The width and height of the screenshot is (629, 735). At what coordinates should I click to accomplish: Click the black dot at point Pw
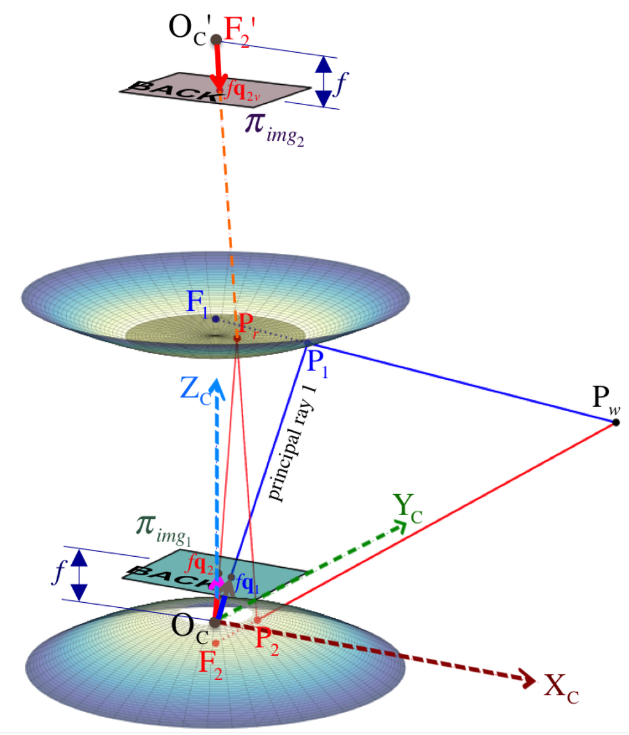click(616, 422)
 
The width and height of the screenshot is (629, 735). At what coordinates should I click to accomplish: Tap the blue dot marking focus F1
click(215, 319)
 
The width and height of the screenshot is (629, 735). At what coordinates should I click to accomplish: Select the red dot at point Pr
click(237, 338)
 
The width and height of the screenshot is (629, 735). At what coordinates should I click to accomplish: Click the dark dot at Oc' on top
click(216, 40)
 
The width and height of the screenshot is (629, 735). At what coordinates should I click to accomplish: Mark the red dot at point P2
click(258, 619)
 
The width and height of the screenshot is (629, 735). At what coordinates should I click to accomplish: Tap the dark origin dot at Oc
click(215, 623)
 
